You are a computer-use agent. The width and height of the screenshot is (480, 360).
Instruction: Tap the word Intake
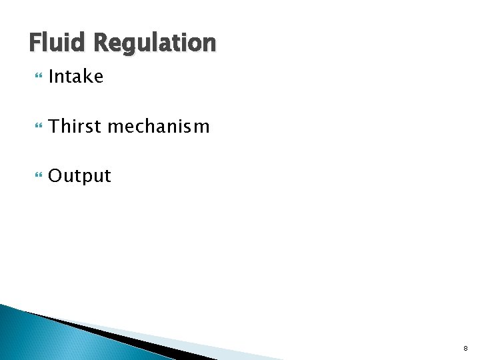click(76, 77)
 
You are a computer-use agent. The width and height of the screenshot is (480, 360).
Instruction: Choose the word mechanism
click(159, 126)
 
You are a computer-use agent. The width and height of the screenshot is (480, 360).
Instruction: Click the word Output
click(80, 177)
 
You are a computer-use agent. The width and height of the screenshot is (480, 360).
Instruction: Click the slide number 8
click(465, 348)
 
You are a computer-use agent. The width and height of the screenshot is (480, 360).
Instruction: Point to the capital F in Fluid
click(35, 43)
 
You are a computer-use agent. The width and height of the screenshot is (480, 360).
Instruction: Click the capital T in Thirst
click(55, 126)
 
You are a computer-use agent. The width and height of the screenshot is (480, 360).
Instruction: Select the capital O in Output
click(55, 177)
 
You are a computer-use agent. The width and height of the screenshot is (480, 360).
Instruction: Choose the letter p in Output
click(86, 178)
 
